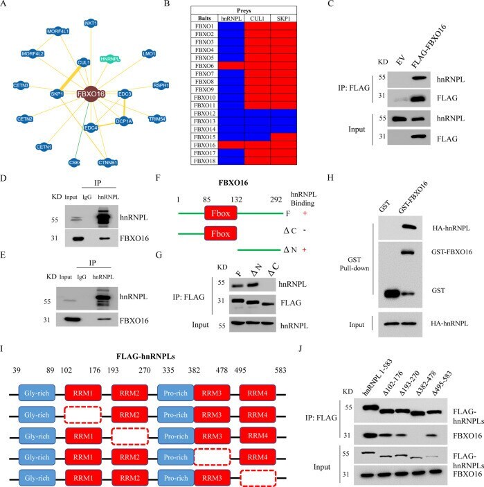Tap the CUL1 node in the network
click(84, 62)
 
